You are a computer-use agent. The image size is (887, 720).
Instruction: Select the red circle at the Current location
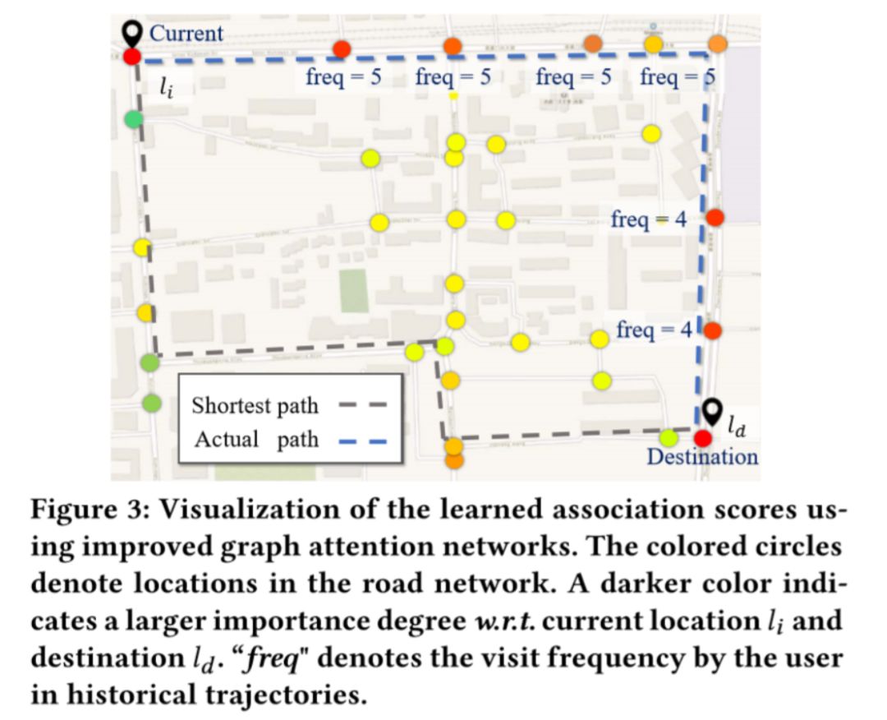tap(132, 57)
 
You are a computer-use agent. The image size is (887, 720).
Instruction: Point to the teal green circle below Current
tap(133, 120)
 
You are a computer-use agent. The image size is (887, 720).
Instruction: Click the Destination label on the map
tap(702, 456)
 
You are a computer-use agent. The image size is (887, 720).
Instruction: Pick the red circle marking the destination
tap(702, 439)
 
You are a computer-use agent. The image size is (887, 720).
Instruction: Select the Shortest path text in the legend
tap(255, 406)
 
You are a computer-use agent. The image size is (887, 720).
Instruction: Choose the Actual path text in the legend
tap(255, 439)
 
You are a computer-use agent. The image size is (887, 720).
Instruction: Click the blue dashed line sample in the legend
tap(362, 441)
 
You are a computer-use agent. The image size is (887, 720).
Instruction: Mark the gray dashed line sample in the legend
tap(362, 407)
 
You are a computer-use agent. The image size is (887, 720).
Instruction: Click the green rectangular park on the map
tap(354, 289)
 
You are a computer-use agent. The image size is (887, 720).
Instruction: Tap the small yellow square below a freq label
tap(453, 97)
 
